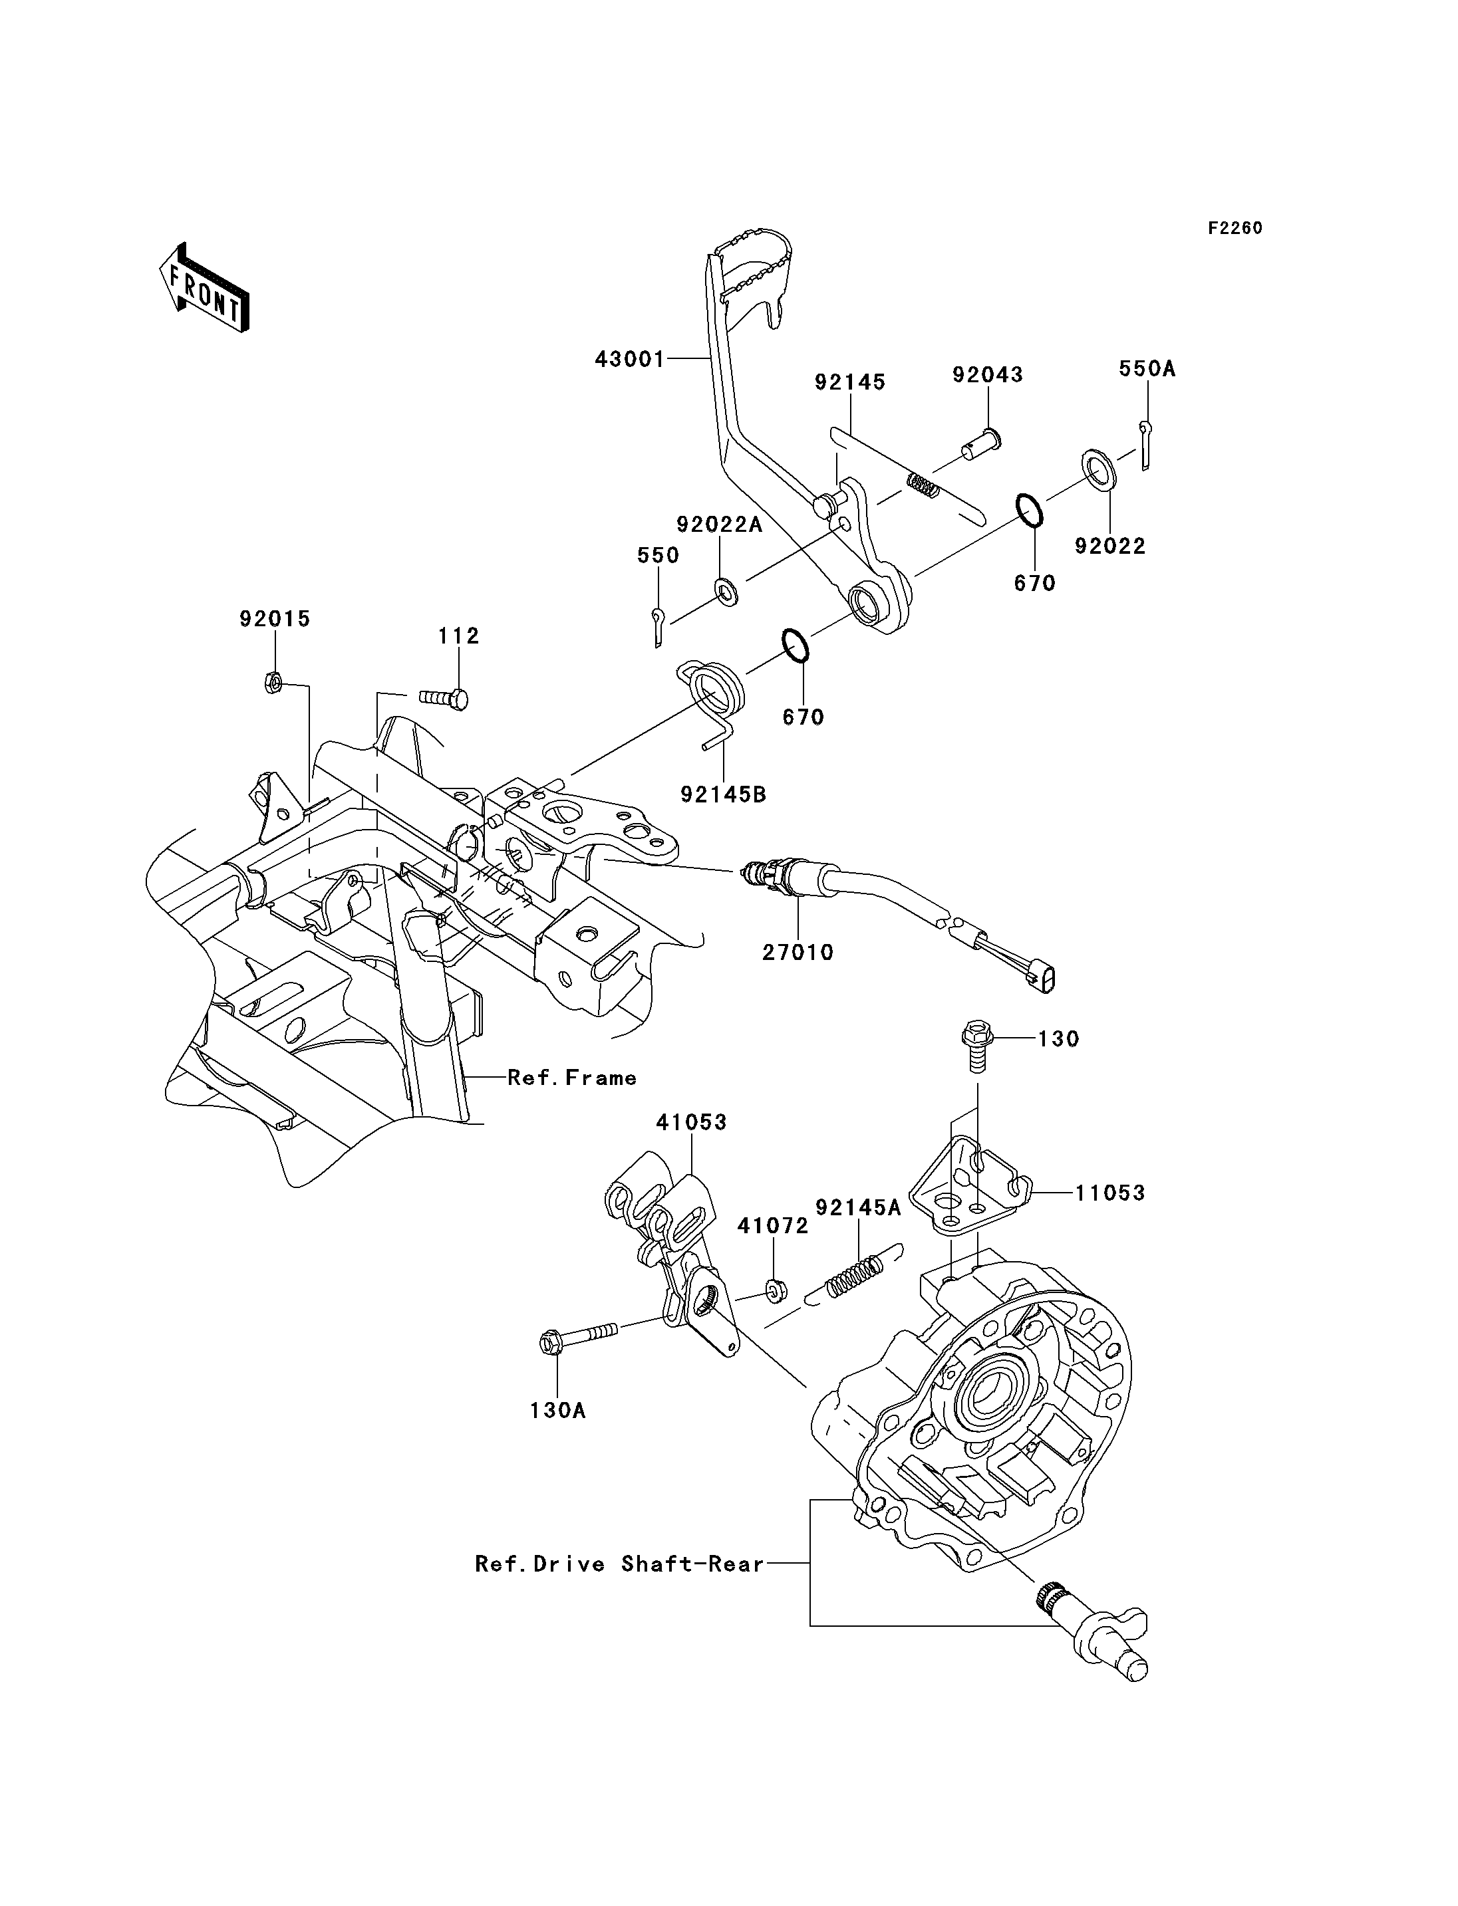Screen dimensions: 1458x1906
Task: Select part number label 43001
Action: pyautogui.click(x=629, y=358)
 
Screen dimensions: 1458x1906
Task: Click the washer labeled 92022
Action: pyautogui.click(x=1099, y=469)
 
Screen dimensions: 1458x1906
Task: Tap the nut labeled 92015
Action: pyautogui.click(x=271, y=685)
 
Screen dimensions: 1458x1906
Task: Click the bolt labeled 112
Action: pyautogui.click(x=444, y=697)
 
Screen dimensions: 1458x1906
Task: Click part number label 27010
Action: pyautogui.click(x=798, y=952)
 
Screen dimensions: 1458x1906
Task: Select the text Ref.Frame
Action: pyautogui.click(x=572, y=1078)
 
